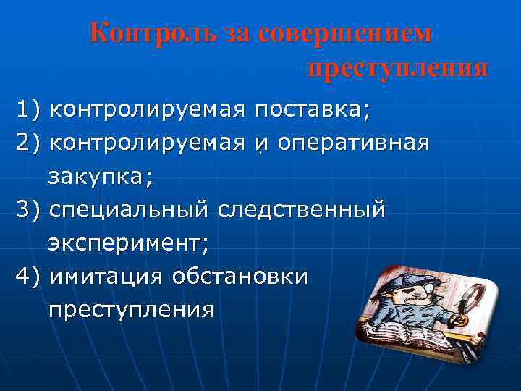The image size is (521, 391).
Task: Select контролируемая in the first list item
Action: (147, 110)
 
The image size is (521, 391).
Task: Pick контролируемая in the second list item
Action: (147, 143)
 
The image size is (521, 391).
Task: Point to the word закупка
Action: (97, 176)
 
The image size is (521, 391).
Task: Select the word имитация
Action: (106, 277)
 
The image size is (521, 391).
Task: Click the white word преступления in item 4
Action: (131, 310)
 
